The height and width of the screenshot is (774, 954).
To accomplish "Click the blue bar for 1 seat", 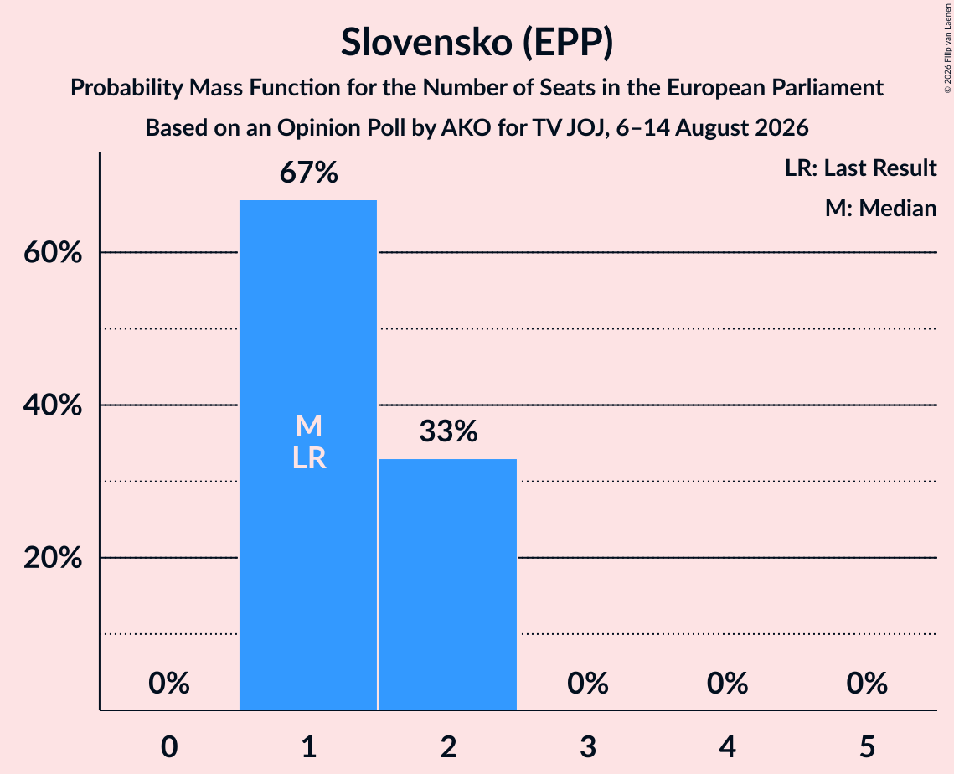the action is click(x=308, y=455).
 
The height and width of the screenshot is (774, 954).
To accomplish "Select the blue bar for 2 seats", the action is click(x=448, y=584).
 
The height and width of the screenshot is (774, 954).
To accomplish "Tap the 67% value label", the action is click(x=308, y=173).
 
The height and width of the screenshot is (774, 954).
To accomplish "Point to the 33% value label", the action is click(x=448, y=431).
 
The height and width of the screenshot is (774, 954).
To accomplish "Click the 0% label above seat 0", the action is click(x=169, y=684).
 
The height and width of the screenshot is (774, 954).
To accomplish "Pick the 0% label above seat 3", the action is click(x=588, y=684).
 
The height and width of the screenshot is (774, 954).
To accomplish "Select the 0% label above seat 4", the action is click(x=728, y=684).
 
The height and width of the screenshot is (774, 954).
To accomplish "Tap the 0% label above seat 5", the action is click(x=867, y=684).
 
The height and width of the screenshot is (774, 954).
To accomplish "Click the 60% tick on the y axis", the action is click(x=53, y=252).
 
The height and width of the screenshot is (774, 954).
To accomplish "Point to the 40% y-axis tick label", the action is click(x=53, y=405).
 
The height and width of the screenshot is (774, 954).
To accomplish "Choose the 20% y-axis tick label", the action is click(x=53, y=557).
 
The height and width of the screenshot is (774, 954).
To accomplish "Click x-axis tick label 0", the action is click(x=169, y=747).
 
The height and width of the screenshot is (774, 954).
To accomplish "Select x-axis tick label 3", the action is click(x=588, y=747).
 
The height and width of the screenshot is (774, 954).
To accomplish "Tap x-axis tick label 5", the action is click(x=867, y=747).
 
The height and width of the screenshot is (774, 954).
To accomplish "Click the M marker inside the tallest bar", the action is click(x=308, y=426).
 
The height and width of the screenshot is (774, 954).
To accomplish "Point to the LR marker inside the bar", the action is click(x=309, y=458).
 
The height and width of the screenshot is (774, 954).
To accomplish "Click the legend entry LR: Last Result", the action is click(x=860, y=168).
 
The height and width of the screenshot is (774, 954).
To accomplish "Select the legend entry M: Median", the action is click(x=880, y=208).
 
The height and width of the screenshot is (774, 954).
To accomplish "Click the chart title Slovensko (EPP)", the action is click(x=477, y=43).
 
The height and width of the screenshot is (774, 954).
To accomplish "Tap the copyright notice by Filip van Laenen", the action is click(x=947, y=48).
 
